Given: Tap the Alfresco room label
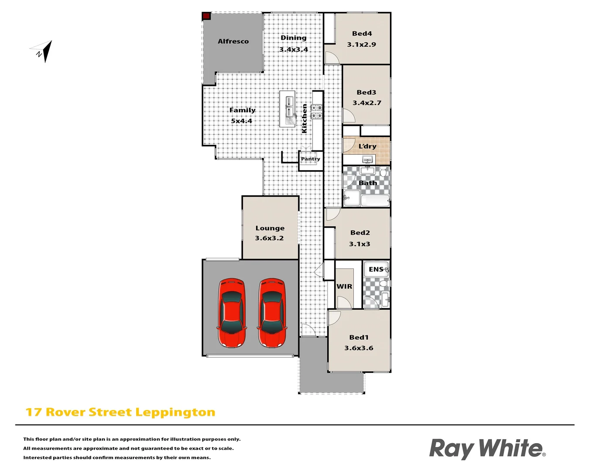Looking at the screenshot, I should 233,41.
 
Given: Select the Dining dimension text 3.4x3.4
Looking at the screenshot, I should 293,49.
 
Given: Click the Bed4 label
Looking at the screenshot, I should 362,34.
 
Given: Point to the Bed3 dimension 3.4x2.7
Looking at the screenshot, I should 366,103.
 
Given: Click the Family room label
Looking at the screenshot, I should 242,110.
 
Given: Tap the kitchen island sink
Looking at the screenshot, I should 289,106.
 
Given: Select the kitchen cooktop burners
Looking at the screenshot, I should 317,112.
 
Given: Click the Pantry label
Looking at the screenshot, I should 310,159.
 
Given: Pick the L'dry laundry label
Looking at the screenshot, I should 367,146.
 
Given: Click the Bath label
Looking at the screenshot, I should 367,183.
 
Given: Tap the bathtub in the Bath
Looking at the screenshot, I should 375,201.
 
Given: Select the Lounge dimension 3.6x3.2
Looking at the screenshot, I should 269,238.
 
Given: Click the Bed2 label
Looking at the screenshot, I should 360,233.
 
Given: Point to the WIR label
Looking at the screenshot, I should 344,287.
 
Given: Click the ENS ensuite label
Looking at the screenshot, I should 376,270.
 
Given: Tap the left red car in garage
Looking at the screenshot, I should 231,313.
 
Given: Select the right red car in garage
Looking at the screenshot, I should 272,313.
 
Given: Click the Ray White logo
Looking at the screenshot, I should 487,448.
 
